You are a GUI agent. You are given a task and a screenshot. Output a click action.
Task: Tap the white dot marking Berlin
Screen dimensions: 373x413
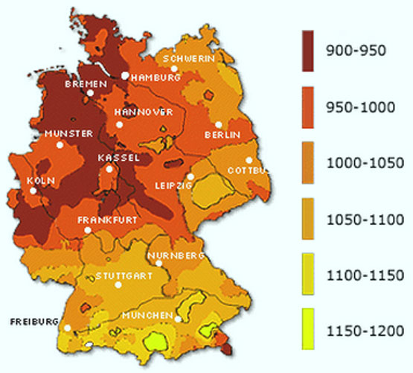220,124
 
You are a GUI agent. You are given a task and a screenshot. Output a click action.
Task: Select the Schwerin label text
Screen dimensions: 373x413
190,58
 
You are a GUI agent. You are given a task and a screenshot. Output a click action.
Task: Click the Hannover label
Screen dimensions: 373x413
144,112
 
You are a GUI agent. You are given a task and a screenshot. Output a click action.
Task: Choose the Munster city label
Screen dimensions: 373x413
68,133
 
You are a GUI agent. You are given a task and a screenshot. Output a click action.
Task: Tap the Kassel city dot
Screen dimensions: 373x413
110,169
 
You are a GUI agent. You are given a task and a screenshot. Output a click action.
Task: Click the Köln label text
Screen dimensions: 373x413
40,181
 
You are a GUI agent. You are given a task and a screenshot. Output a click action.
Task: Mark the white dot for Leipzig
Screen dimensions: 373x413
191,177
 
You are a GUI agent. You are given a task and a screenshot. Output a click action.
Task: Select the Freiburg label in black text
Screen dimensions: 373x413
34,322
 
